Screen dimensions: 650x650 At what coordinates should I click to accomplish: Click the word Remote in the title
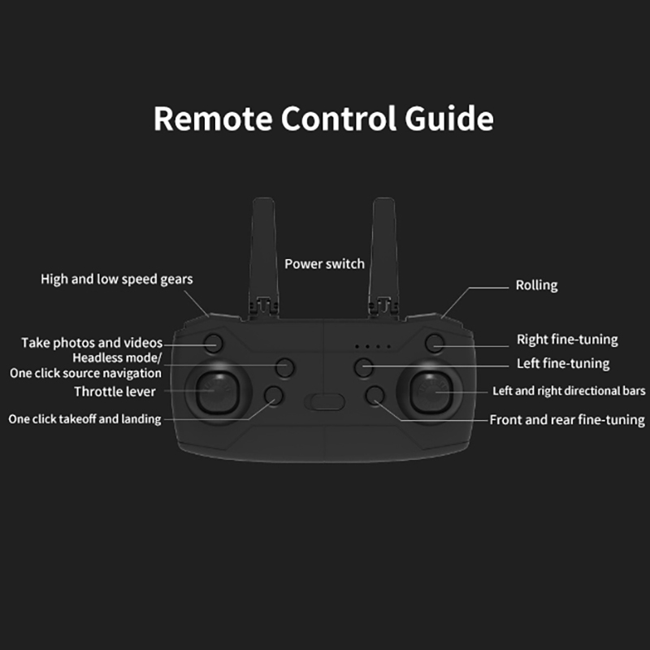pos(213,119)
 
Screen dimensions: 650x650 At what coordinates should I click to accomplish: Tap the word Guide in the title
pos(449,119)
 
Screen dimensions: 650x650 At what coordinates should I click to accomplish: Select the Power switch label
pos(324,263)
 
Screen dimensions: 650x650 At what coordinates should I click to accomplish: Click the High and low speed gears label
pos(116,279)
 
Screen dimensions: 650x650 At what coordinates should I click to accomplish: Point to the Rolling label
pos(536,285)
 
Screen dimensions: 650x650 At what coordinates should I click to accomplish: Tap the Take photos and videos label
pos(92,343)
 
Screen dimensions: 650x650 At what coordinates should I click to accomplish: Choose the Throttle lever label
pos(115,392)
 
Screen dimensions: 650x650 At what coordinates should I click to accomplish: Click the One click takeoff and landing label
pos(84,419)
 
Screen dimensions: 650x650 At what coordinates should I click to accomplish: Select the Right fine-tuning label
pos(567,340)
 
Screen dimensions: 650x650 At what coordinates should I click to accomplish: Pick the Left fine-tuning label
pos(563,363)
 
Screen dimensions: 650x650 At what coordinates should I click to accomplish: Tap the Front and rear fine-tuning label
pos(567,420)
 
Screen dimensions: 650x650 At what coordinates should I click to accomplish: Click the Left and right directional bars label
pos(569,391)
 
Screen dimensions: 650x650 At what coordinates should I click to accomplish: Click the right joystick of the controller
pos(431,392)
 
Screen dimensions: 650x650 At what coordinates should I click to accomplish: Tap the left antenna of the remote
pos(263,257)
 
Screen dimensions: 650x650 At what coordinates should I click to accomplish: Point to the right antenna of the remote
pos(383,257)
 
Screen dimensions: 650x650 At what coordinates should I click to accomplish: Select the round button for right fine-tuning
pos(435,343)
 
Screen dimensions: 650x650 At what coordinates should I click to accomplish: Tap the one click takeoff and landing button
pos(274,396)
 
